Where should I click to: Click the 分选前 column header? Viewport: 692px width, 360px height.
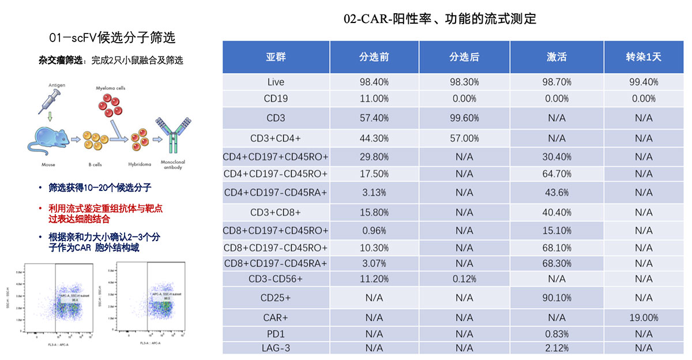(374, 57)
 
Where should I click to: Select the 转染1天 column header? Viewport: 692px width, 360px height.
(644, 57)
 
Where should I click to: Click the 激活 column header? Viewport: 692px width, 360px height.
(556, 57)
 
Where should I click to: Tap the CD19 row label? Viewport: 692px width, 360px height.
(276, 99)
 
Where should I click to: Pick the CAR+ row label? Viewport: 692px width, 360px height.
(276, 317)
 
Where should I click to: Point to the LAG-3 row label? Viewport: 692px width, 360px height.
(276, 348)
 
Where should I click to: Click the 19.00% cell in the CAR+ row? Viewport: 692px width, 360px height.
(644, 317)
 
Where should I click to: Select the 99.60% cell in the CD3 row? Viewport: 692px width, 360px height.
(464, 118)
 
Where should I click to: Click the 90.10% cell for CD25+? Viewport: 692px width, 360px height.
(556, 298)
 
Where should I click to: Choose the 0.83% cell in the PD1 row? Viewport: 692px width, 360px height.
(556, 333)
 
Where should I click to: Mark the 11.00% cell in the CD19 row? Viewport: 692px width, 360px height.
(374, 99)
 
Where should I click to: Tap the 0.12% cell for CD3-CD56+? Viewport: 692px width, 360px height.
(464, 279)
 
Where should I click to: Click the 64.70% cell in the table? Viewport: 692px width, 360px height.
(556, 174)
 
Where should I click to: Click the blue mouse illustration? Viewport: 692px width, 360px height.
(48, 139)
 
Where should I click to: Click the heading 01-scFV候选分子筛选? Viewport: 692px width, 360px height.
(112, 39)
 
